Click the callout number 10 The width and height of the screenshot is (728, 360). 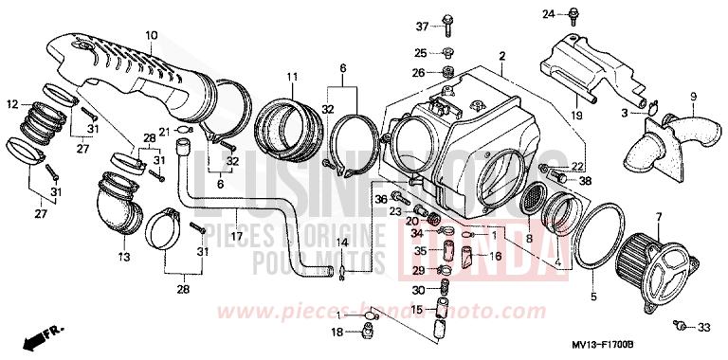(x=151, y=36)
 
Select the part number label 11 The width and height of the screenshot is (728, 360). (x=292, y=76)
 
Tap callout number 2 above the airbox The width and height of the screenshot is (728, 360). (x=501, y=56)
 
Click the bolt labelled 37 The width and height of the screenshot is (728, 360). (x=448, y=25)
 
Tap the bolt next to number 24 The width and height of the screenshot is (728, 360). (x=574, y=15)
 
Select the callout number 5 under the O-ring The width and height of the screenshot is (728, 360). (x=593, y=297)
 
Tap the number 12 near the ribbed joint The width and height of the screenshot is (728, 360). (x=11, y=103)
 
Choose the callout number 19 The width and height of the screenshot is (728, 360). (x=575, y=114)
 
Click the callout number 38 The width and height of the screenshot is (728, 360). (x=584, y=179)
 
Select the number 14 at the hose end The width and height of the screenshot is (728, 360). (x=344, y=243)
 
